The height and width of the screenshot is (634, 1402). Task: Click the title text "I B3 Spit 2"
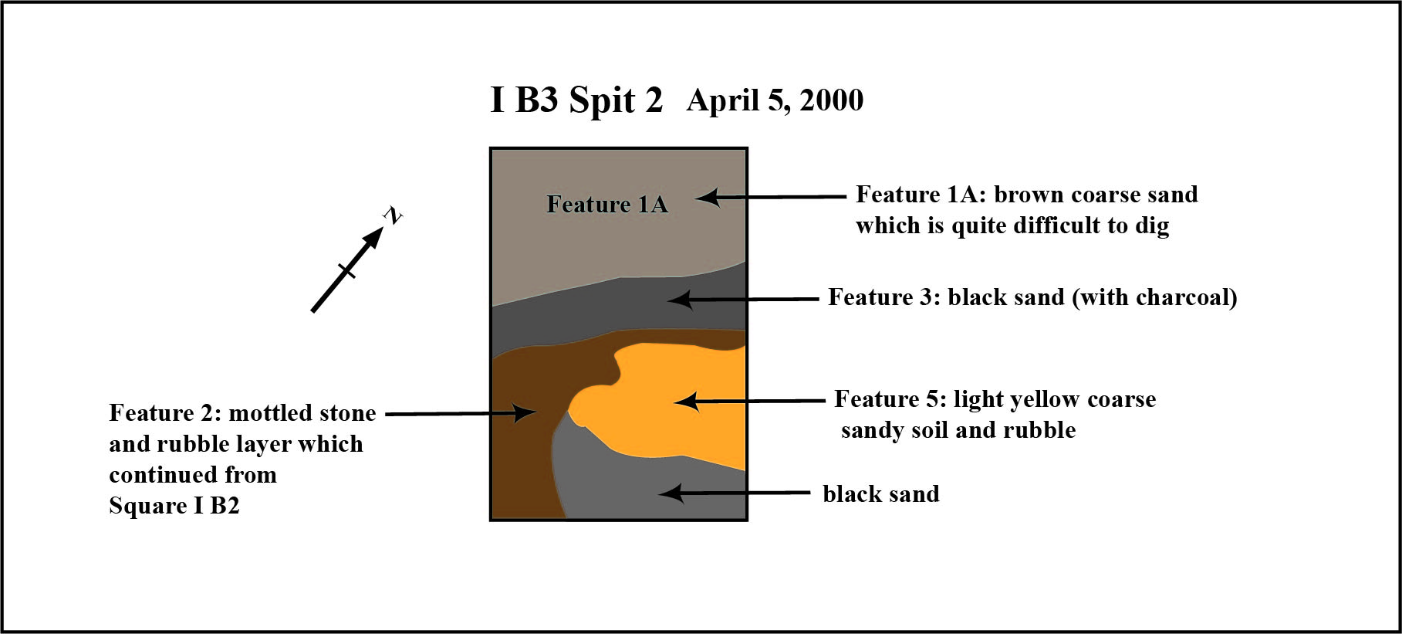[576, 100]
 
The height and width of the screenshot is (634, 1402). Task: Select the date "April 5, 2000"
[775, 100]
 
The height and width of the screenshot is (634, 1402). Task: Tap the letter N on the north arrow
[393, 216]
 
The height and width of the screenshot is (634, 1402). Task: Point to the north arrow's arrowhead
[372, 239]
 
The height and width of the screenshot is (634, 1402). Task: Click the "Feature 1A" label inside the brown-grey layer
[607, 204]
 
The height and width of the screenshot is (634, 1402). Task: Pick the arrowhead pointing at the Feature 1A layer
[708, 198]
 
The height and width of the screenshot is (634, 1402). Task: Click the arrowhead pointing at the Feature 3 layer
[681, 300]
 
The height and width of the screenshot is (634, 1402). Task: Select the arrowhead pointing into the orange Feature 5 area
[686, 402]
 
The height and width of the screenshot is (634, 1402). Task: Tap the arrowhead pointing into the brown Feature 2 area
[525, 413]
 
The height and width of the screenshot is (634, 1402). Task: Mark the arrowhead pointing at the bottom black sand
[671, 493]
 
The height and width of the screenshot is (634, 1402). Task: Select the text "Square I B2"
[174, 506]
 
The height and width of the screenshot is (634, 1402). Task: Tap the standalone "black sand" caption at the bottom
[881, 493]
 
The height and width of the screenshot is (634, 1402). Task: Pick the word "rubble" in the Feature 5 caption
[1039, 430]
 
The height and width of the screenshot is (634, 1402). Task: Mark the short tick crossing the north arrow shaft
[347, 271]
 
